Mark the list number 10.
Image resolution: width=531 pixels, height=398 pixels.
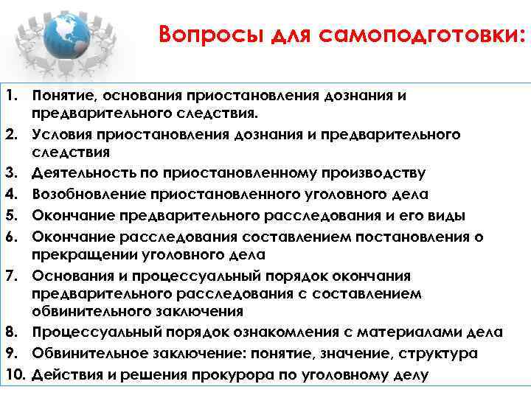[13, 374]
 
